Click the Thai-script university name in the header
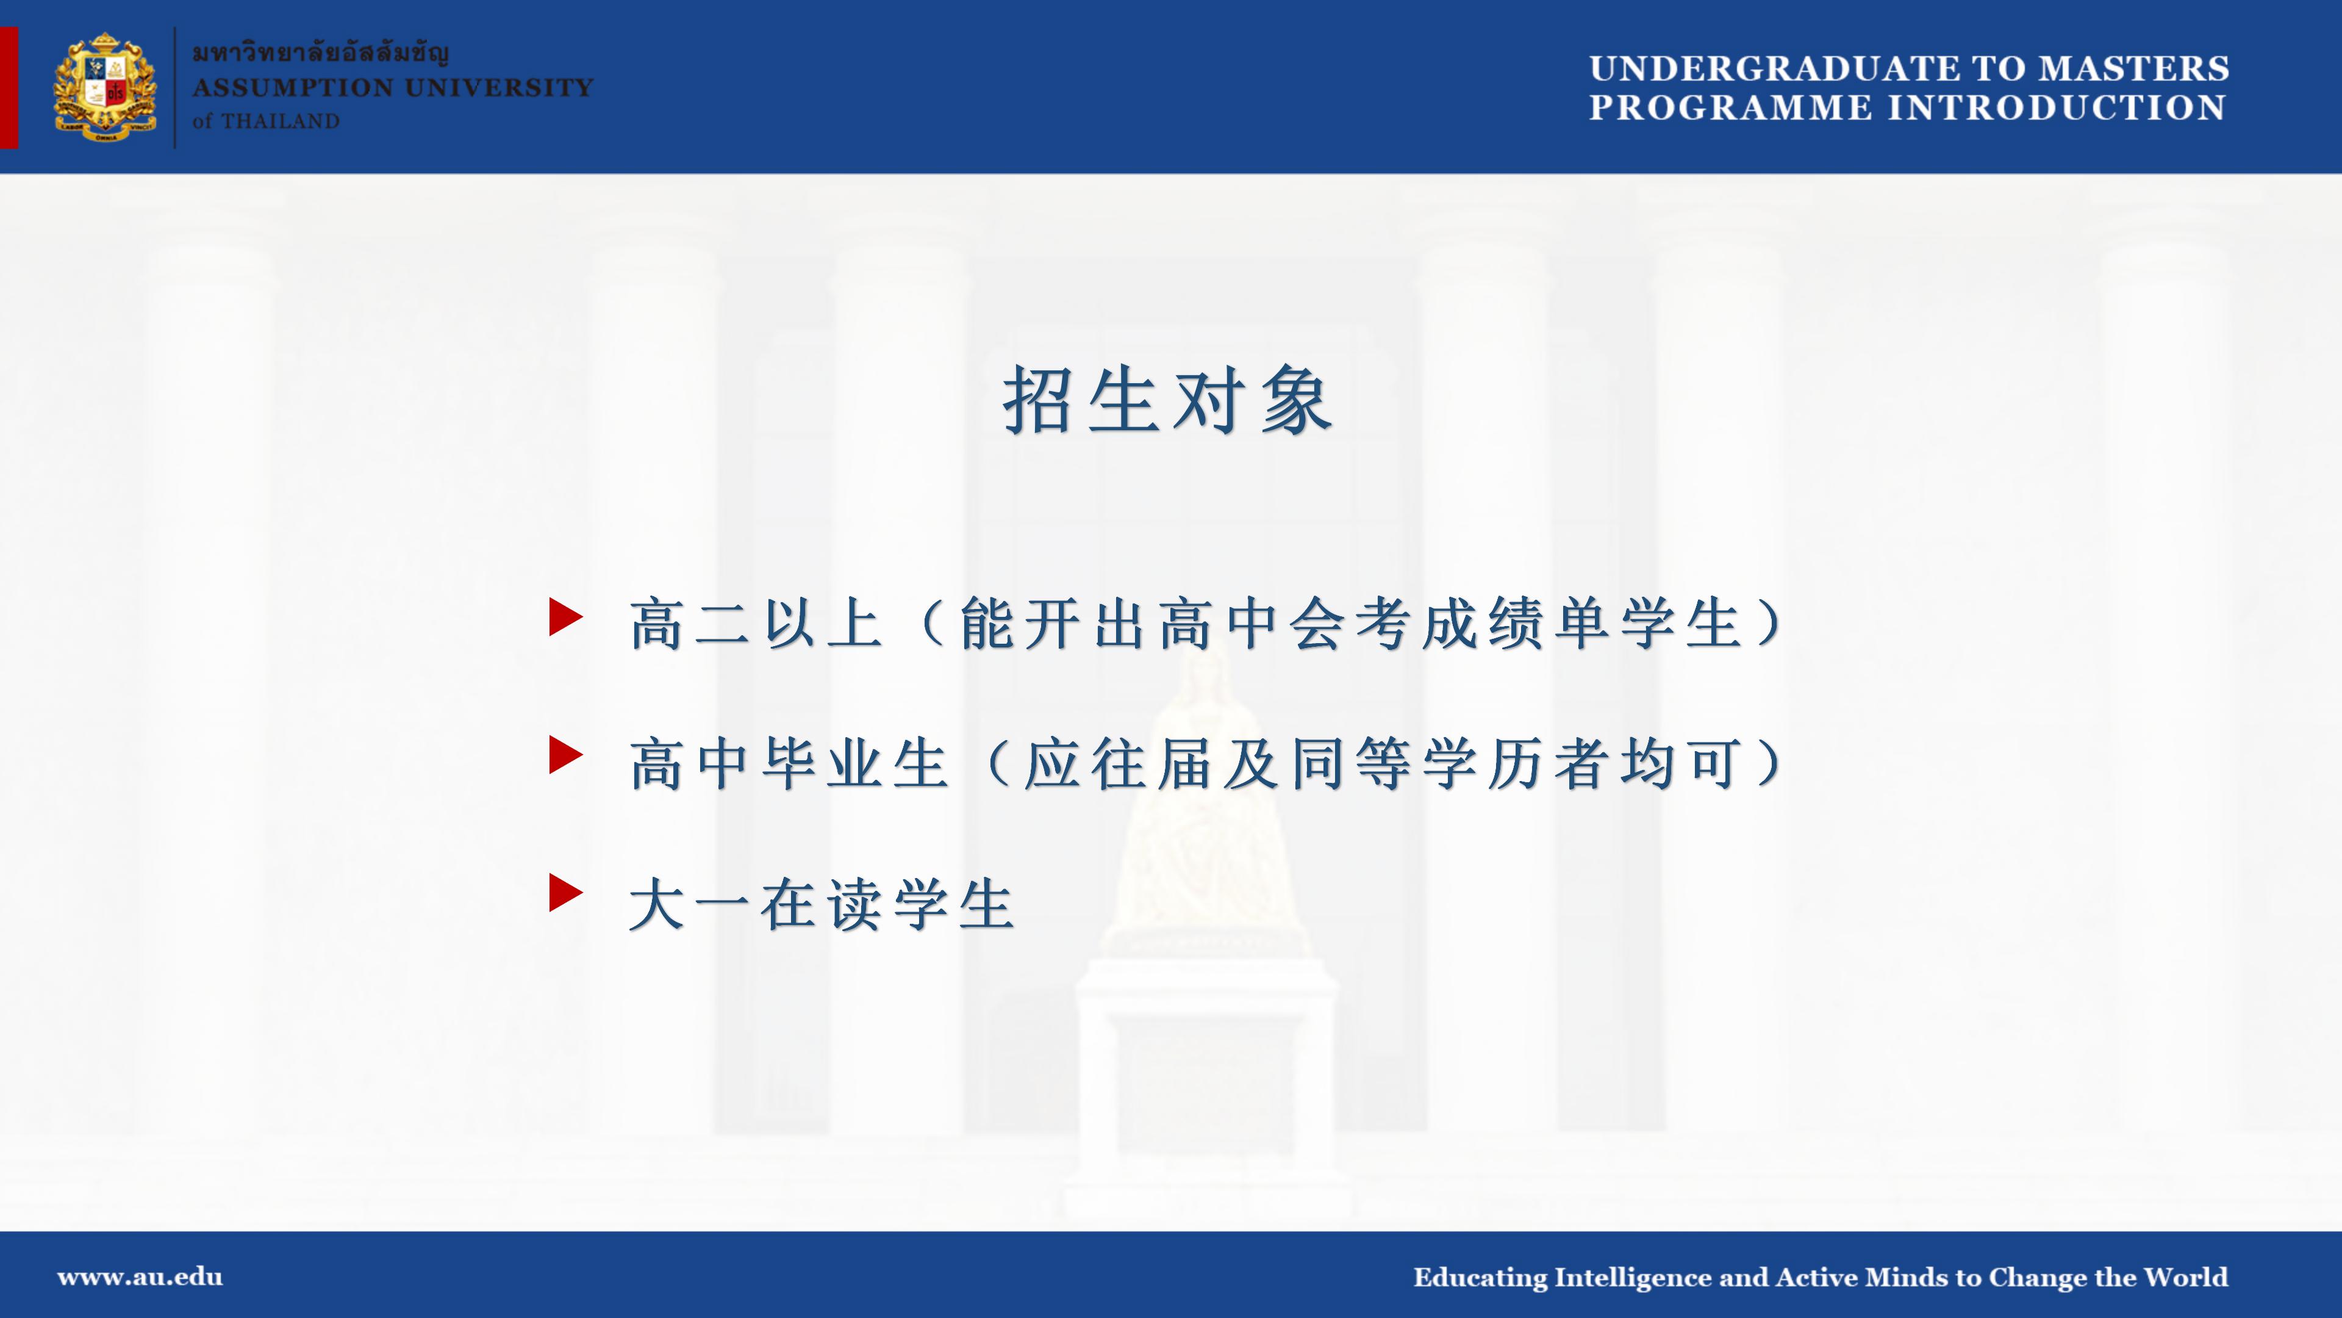click(x=321, y=52)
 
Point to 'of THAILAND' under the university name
click(x=265, y=121)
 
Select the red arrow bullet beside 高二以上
click(x=565, y=617)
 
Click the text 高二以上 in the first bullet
click(x=756, y=624)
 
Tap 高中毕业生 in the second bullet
click(x=789, y=764)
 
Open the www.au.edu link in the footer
click(x=140, y=1277)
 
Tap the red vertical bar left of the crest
click(x=9, y=87)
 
